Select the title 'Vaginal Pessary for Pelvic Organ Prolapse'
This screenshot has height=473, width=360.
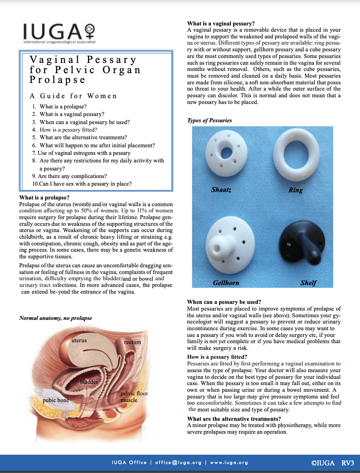coord(85,70)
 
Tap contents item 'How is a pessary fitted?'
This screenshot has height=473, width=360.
coord(68,130)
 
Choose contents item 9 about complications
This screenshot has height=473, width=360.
coord(69,176)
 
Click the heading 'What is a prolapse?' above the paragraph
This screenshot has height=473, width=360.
coord(44,197)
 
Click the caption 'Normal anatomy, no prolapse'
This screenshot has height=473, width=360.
coord(55,318)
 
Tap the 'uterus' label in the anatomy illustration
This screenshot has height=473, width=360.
coord(79,340)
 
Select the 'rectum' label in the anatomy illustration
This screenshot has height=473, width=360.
coord(132,342)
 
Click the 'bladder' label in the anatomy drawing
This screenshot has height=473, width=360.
coord(89,382)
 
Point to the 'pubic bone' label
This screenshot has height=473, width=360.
coord(55,400)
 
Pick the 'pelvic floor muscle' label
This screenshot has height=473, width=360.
coord(134,397)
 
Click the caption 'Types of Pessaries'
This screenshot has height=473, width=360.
coord(209,120)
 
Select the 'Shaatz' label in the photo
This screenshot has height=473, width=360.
coord(222,190)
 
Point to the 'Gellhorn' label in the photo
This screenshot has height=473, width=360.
coord(226,283)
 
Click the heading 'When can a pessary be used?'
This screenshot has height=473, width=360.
coord(224,302)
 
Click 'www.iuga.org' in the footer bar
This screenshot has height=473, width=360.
coord(229,462)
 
